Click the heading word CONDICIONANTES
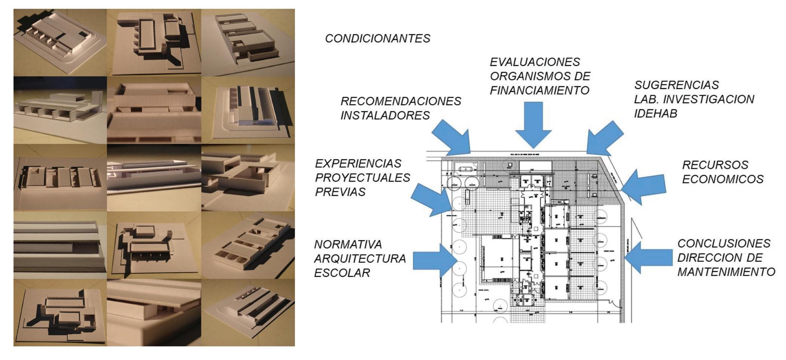378,38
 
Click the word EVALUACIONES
529,62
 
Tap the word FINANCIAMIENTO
539,90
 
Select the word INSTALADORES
385,115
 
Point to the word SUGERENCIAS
676,85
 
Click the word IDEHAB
655,113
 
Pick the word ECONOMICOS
723,179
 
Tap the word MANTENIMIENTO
726,272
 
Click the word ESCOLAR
342,273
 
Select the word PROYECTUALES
362,177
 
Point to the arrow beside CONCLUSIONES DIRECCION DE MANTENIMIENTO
648,257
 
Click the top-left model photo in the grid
60,43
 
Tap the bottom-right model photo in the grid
248,312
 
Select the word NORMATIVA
348,244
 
